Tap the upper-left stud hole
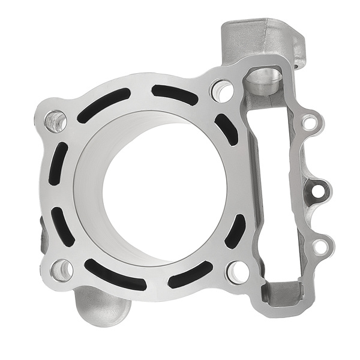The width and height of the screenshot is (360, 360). pyautogui.click(x=56, y=122)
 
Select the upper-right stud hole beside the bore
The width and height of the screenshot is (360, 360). pyautogui.click(x=221, y=91)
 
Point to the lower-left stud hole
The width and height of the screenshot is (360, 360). pyautogui.click(x=61, y=270)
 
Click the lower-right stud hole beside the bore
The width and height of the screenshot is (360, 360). pyautogui.click(x=238, y=272)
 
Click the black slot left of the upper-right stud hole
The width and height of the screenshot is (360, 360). pyautogui.click(x=175, y=93)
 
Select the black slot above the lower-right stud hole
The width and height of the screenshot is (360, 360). pyautogui.click(x=235, y=231)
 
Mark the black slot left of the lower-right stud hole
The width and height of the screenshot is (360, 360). pyautogui.click(x=191, y=275)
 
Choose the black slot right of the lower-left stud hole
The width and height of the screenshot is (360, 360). pyautogui.click(x=115, y=275)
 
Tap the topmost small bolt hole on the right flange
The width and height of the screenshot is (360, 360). pyautogui.click(x=309, y=124)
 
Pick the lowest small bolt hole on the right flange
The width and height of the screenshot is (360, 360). pyautogui.click(x=321, y=246)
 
